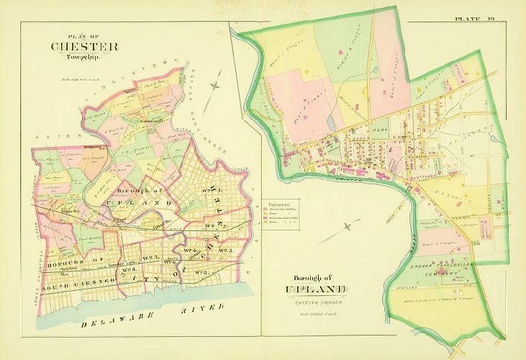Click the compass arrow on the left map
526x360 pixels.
tap(214, 92)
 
